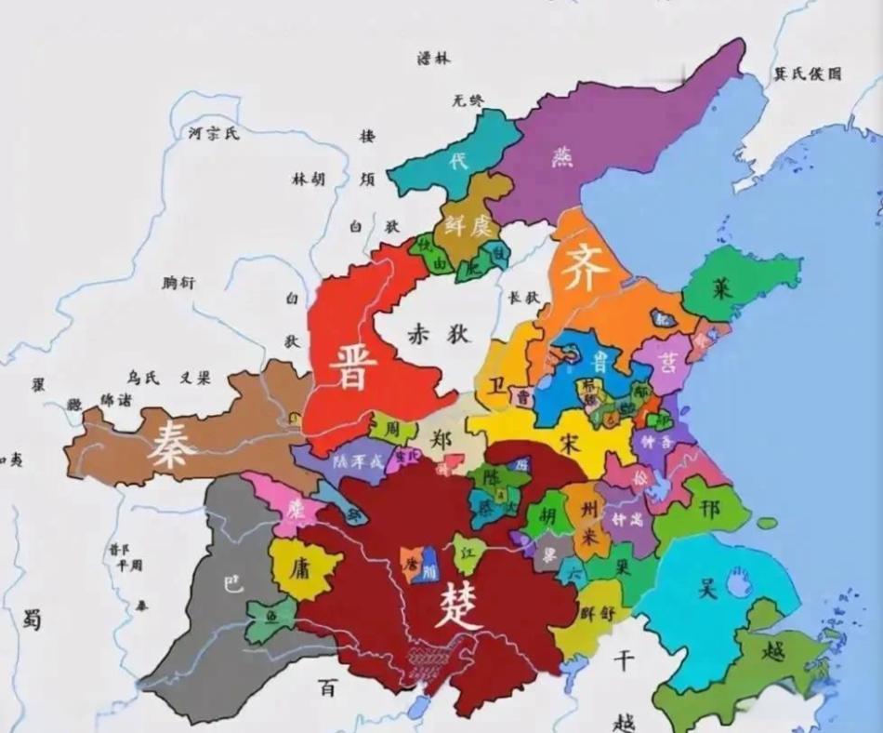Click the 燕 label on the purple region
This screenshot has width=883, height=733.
click(x=561, y=156)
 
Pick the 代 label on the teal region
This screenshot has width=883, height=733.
click(x=458, y=161)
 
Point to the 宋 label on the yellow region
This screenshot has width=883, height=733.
click(x=570, y=444)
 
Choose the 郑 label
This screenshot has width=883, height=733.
click(x=445, y=441)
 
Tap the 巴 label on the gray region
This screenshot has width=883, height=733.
click(x=231, y=584)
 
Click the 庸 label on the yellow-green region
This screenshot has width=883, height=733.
click(x=299, y=568)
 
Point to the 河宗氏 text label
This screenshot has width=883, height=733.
click(x=214, y=133)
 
